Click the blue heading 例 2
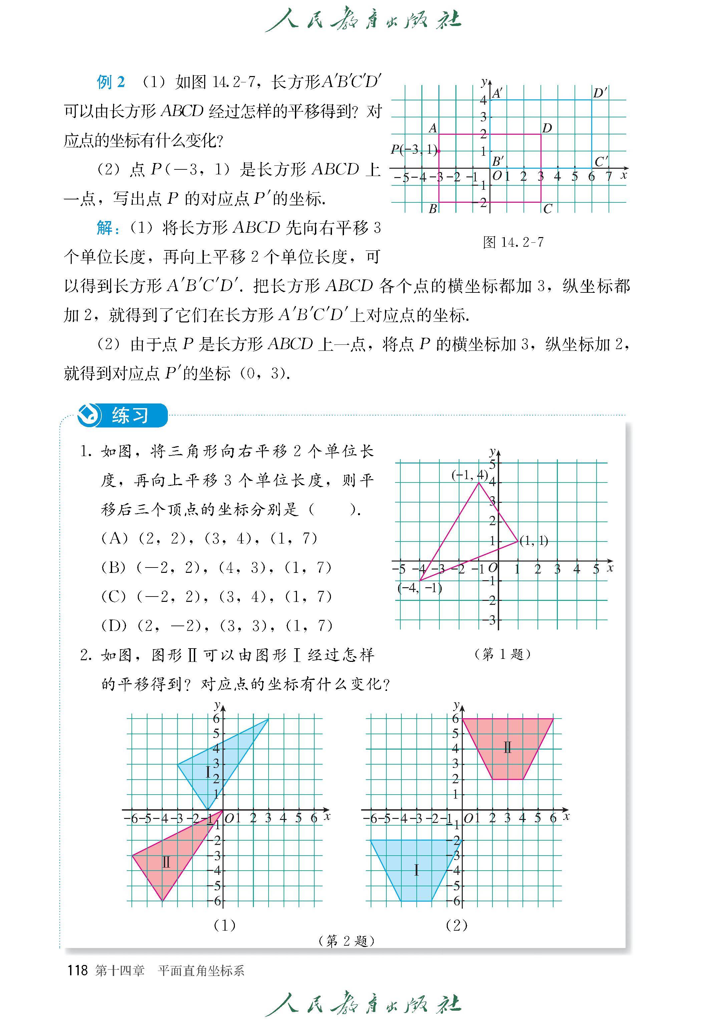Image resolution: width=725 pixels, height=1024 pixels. [111, 82]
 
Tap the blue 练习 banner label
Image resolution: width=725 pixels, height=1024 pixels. [130, 415]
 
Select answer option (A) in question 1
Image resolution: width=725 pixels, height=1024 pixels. [209, 538]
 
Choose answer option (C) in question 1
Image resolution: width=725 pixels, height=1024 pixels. [217, 597]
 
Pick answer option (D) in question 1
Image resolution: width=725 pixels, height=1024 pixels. [217, 626]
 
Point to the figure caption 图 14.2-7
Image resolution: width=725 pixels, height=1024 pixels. [513, 242]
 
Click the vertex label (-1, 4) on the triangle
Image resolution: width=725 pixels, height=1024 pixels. [469, 475]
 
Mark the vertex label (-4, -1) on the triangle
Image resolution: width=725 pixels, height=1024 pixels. [420, 588]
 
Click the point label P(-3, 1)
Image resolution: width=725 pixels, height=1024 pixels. [414, 149]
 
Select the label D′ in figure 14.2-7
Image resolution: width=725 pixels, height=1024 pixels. [600, 93]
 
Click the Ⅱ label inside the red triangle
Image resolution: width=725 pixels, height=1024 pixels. [166, 862]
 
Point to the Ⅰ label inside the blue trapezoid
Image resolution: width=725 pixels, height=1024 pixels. [416, 870]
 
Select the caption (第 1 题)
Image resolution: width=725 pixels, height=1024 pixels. [503, 654]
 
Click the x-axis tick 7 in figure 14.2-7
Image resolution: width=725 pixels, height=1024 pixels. [609, 176]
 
